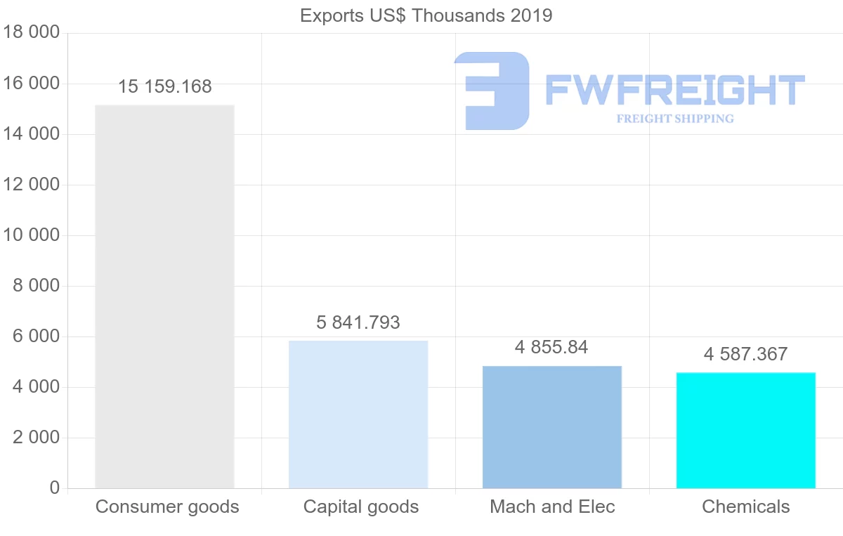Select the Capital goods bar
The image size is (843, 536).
point(358,414)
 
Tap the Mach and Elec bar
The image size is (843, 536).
point(552,427)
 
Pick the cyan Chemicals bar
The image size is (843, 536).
point(746,430)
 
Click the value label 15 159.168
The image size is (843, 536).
point(164,87)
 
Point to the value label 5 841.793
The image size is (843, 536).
point(358,322)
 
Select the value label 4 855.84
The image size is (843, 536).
point(551,347)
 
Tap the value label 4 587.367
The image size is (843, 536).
point(745,354)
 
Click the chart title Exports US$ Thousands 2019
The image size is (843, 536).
point(426,15)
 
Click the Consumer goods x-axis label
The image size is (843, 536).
point(167,506)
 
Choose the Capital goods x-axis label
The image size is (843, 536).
point(361,506)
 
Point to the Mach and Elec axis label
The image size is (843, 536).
point(552,506)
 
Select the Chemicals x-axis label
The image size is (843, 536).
point(746,506)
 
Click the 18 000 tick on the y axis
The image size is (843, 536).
point(31,33)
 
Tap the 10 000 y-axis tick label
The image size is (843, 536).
point(31,235)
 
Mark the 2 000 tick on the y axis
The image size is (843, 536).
point(35,438)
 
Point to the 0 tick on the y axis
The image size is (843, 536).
point(55,488)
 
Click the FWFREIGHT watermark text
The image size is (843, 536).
point(674,90)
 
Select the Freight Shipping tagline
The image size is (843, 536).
point(675,119)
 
